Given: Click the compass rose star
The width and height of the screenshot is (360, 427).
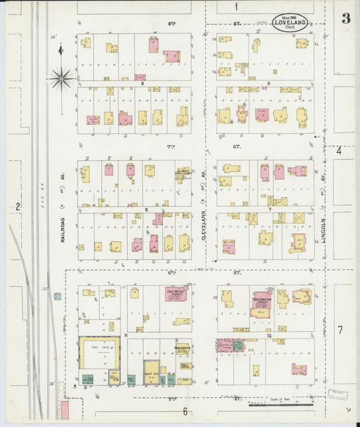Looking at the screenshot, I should pos(61,78).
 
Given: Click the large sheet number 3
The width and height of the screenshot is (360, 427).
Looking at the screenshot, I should pos(345,18).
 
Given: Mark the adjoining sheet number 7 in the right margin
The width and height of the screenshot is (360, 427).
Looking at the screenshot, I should pos(340,330).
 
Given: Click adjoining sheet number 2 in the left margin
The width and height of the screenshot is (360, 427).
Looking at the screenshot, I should pos(18,206).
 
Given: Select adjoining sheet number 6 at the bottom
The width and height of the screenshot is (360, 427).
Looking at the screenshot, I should pos(184,411).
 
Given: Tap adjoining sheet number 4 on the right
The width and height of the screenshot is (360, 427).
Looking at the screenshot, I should pos(339,150).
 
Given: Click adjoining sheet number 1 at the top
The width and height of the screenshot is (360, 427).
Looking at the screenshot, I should pos(236,7).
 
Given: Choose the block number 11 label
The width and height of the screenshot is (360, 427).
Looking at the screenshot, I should pos(126,334).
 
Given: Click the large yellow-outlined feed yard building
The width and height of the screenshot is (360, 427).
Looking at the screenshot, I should pos(99,353).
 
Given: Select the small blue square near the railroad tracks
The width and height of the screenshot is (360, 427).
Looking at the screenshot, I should pos(58,297).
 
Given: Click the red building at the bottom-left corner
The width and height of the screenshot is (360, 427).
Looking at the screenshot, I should pos(65,409).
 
